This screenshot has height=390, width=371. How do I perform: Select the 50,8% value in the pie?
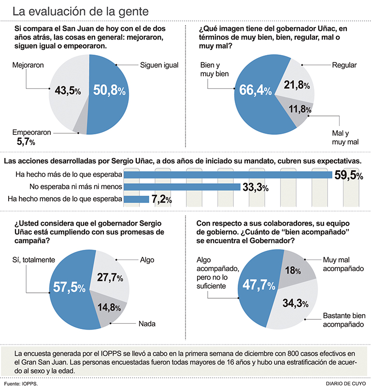pos(109,89)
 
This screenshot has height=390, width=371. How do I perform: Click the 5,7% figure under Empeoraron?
pos(26,142)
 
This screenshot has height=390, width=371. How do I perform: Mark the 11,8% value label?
pos(296,108)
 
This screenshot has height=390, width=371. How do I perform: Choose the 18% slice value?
pos(293,271)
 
